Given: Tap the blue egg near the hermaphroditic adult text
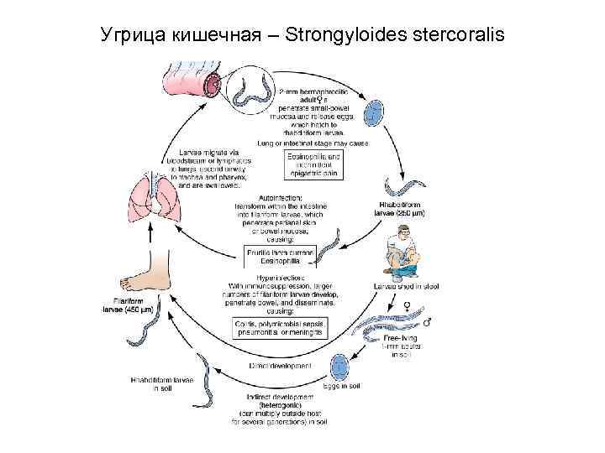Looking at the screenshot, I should coord(374,112).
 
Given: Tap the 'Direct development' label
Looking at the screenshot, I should coord(280,367).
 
